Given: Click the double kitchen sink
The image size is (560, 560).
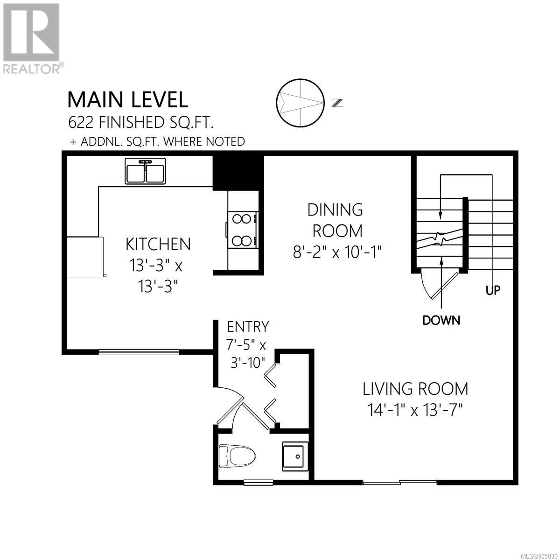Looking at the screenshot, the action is [x=145, y=171].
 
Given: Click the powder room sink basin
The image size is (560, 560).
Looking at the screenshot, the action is [x=295, y=456].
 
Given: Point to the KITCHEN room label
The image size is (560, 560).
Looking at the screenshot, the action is [x=158, y=244].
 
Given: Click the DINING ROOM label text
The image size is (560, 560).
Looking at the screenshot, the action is [x=336, y=220].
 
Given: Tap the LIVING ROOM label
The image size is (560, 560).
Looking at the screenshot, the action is [x=415, y=389].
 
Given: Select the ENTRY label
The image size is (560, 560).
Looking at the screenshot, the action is [x=248, y=327].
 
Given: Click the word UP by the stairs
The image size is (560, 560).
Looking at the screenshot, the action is [x=493, y=290].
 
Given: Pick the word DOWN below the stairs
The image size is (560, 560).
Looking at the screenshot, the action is [x=441, y=320].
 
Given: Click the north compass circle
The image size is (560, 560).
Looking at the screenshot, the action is [x=300, y=103].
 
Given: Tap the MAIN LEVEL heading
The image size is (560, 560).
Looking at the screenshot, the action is [x=128, y=100].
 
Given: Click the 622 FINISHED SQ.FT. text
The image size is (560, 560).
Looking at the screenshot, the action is [x=140, y=123].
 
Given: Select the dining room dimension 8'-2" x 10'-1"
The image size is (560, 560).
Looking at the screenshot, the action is [x=336, y=252].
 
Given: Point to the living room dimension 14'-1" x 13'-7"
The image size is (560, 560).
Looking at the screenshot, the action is [x=415, y=410].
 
